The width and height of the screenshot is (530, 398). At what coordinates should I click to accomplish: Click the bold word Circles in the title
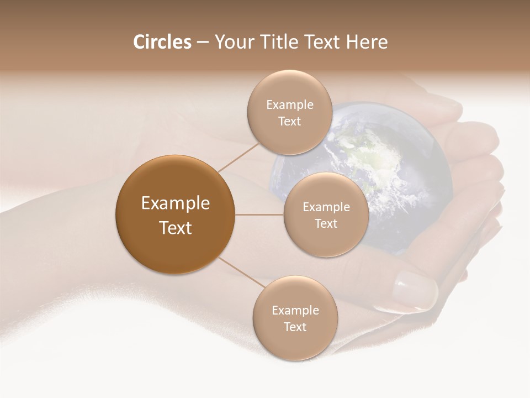[x=162, y=42]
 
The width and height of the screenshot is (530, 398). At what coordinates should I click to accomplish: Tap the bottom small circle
[x=295, y=343]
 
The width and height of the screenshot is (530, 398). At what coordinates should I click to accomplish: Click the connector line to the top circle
[x=239, y=156]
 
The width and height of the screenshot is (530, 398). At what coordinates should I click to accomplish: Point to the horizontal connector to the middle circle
[x=259, y=214]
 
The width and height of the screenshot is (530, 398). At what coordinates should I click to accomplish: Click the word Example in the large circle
[x=176, y=203]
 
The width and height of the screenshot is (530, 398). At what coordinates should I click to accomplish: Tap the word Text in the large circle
[x=176, y=228]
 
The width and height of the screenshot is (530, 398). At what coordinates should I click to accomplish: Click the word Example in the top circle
[x=289, y=105]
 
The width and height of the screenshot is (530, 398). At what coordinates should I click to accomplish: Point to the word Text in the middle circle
[x=326, y=224]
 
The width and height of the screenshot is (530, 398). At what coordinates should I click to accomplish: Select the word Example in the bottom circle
[x=295, y=311]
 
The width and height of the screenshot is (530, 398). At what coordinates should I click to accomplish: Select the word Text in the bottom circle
[x=295, y=327]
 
